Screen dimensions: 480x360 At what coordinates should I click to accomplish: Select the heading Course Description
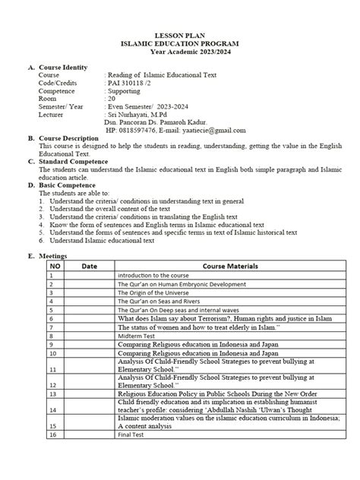[69, 138]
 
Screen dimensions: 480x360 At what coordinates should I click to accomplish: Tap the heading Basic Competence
[67, 185]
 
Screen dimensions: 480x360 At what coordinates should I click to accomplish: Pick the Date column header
[89, 267]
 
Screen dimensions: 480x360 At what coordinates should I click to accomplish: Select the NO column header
[55, 267]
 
